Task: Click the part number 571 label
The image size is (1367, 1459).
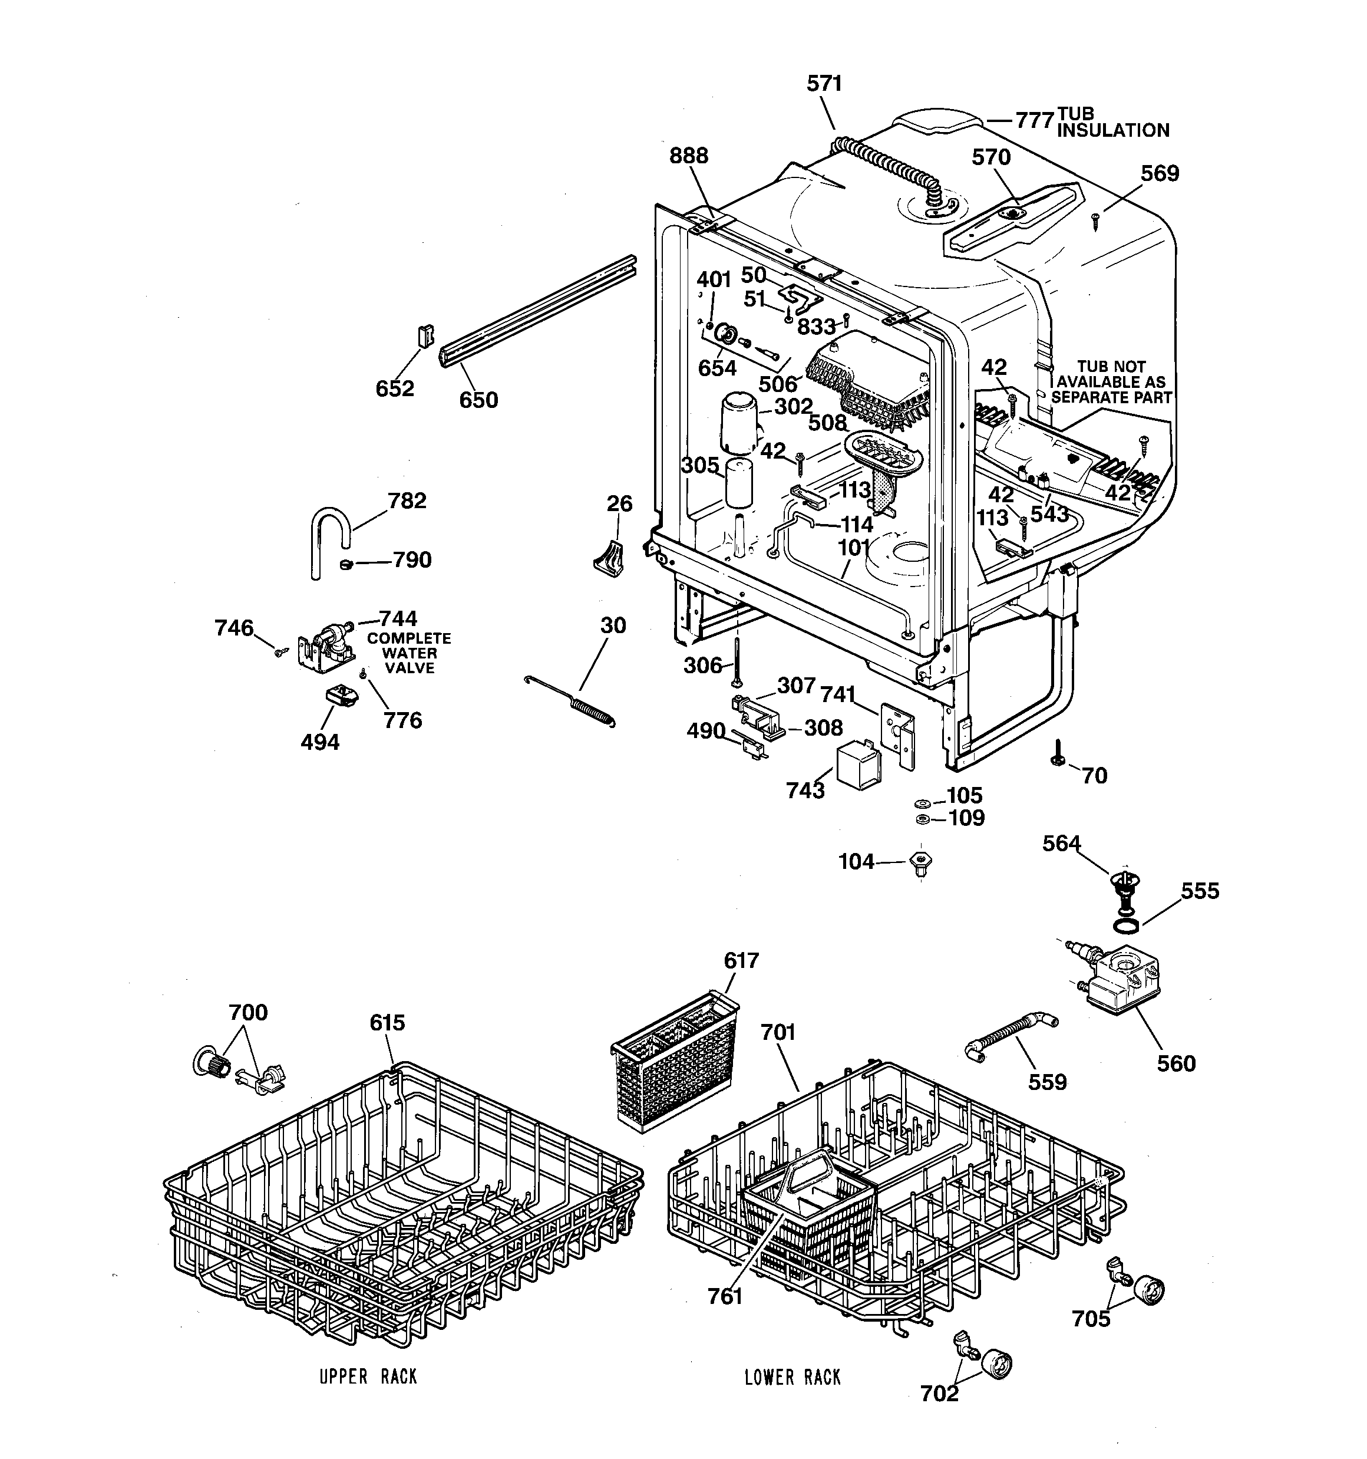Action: [824, 84]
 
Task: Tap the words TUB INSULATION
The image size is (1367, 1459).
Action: [1112, 123]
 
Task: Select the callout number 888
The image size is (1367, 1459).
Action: [688, 156]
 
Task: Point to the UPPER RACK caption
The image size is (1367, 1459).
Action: [368, 1377]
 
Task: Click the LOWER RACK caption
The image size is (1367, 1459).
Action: [793, 1378]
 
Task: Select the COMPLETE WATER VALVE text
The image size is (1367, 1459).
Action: [409, 653]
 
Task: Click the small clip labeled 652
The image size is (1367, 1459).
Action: [425, 336]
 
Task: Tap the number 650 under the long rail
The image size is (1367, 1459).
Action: [478, 400]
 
